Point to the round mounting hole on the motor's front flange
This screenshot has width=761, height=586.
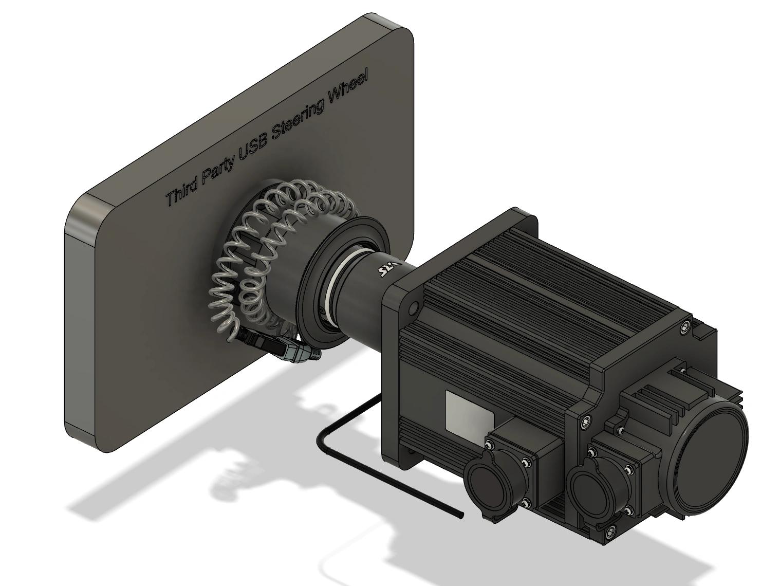tap(412, 308)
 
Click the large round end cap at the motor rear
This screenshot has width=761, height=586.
tap(711, 457)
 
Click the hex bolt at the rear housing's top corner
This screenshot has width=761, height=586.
tap(684, 327)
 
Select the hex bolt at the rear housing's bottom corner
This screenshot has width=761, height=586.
tap(610, 531)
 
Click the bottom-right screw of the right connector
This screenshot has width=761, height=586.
tap(628, 510)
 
